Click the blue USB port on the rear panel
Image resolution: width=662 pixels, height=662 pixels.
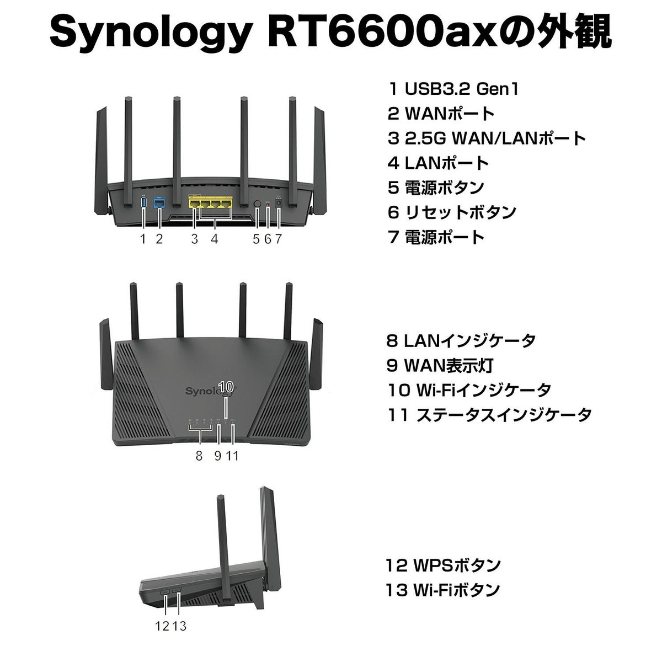(x=144, y=203)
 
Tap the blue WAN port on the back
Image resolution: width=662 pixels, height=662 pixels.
(x=159, y=203)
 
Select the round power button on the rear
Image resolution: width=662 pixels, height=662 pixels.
(x=257, y=204)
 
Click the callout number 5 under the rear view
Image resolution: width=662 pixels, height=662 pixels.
(x=256, y=239)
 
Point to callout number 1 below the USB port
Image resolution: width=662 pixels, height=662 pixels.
(x=143, y=239)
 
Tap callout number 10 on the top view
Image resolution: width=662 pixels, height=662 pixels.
(x=226, y=386)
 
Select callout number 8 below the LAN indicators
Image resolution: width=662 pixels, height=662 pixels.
(x=199, y=456)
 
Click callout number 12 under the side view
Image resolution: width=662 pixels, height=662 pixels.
(x=162, y=626)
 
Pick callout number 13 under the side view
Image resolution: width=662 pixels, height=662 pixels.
(x=179, y=626)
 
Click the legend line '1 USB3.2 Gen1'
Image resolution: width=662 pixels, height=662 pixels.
(x=453, y=89)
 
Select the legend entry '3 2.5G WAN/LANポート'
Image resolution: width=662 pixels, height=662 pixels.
(x=487, y=138)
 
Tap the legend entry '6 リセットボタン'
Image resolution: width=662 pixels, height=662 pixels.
(x=452, y=212)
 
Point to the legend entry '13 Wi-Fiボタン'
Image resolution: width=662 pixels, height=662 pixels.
(x=443, y=590)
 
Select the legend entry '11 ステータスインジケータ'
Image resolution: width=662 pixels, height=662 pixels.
(x=489, y=415)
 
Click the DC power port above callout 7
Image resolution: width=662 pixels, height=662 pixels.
(x=279, y=204)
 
